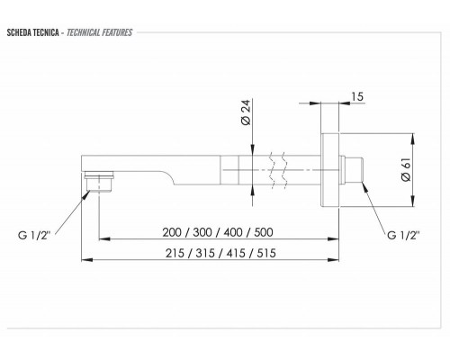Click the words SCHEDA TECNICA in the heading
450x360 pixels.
32,32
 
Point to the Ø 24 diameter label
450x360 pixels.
247,114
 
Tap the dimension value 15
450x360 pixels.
358,96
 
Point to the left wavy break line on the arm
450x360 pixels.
269,167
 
